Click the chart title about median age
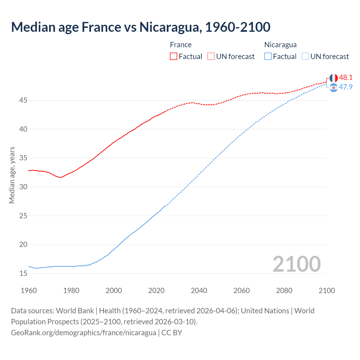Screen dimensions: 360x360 [141, 27]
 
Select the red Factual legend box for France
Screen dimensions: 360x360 [174, 57]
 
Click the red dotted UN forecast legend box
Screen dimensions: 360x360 [211, 57]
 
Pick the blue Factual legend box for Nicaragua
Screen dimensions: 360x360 [268, 57]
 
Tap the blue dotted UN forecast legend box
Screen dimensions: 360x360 [305, 57]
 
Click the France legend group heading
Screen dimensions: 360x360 [181, 45]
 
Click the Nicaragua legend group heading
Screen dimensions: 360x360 [280, 45]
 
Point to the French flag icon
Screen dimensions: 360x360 [334, 78]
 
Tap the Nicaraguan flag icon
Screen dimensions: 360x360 [334, 88]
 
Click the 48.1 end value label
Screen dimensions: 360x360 [346, 78]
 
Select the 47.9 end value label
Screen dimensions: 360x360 [346, 87]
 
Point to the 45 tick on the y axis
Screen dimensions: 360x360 [23, 100]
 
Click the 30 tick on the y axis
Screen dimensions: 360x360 [23, 187]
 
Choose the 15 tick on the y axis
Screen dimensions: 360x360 [23, 273]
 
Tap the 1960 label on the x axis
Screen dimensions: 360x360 [29, 291]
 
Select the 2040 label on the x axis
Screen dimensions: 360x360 [199, 291]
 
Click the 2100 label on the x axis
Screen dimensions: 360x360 [327, 291]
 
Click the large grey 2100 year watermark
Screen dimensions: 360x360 [296, 264]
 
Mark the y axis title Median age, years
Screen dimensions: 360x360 [12, 175]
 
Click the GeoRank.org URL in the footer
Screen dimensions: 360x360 [84, 333]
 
